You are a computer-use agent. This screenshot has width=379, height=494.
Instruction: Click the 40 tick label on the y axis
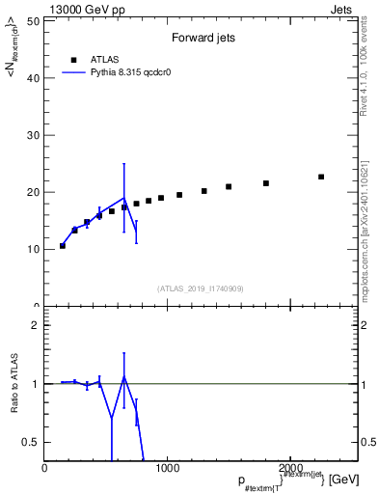tap(33, 78)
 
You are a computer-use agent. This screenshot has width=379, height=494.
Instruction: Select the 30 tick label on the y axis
tap(33, 135)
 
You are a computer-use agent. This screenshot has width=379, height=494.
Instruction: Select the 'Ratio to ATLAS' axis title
tap(14, 384)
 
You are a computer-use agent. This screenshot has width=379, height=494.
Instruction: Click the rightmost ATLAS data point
tap(321, 177)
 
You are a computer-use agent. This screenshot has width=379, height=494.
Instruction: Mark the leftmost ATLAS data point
tap(63, 246)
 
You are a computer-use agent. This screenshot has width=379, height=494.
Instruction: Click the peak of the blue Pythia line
tap(123, 198)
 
